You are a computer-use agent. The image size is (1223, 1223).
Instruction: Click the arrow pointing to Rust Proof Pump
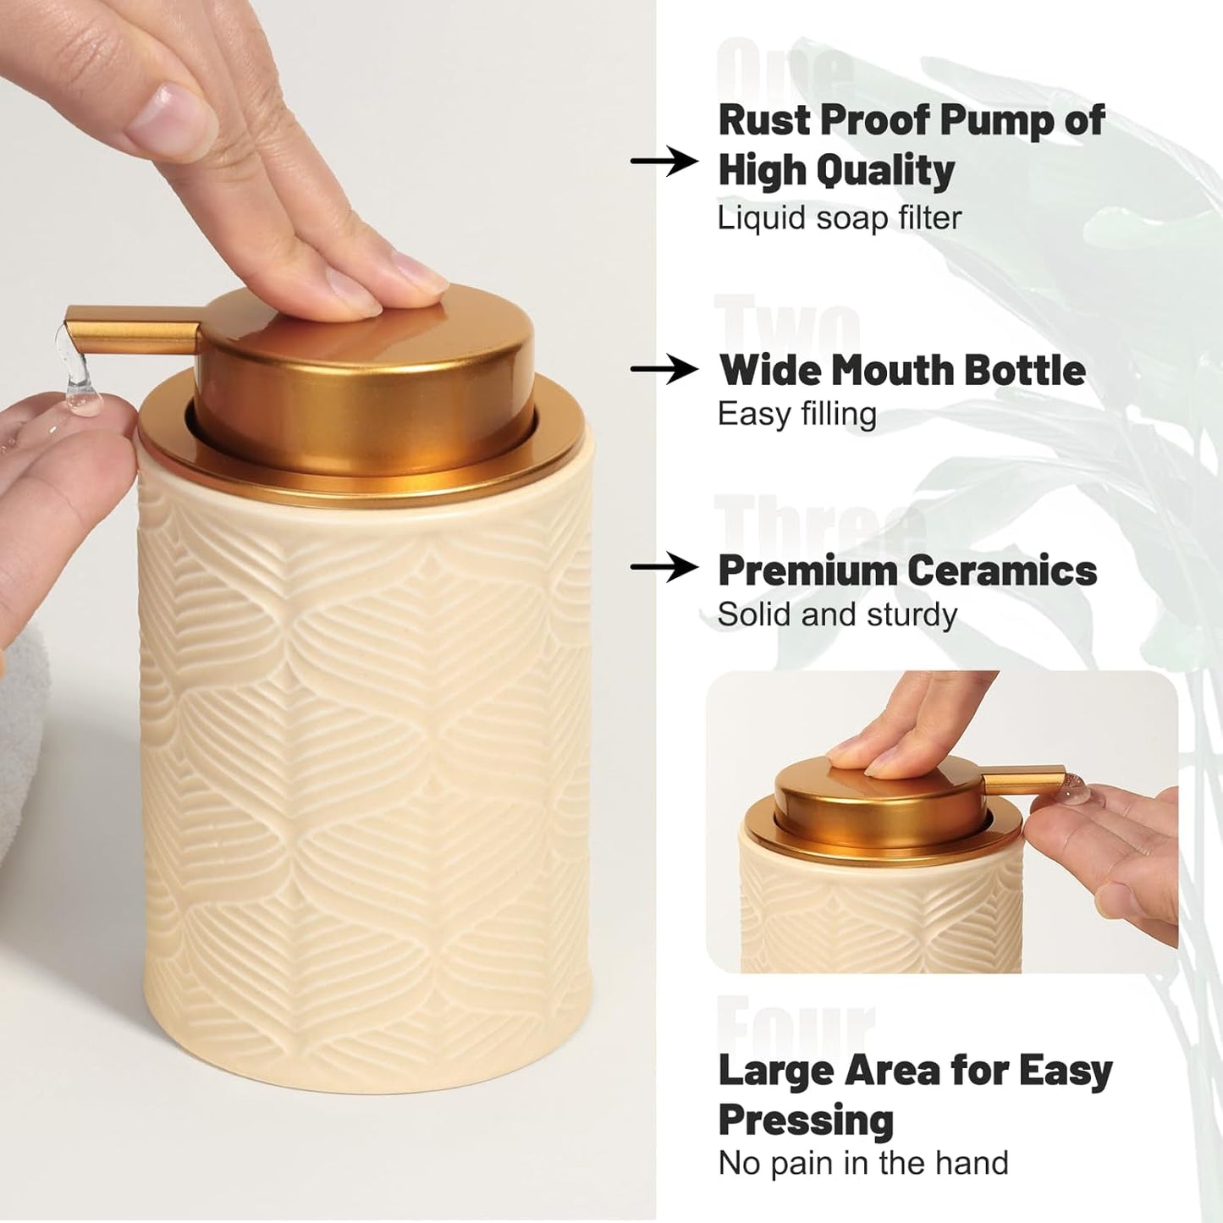coord(664,160)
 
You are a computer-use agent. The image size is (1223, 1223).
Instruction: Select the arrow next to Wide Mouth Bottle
coord(664,369)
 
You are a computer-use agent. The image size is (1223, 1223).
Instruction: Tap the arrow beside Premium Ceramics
coord(664,568)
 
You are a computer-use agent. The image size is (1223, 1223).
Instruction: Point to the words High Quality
coord(836,170)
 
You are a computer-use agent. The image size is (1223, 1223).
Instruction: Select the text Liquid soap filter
coord(839,218)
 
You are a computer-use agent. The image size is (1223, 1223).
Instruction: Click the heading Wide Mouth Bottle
coord(901,370)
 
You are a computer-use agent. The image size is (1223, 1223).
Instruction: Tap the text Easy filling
coord(796,415)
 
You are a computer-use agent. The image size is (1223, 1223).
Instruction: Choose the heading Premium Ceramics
coord(906,570)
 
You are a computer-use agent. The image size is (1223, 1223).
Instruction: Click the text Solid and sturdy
coord(836,614)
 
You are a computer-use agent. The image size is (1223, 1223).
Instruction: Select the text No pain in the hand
coord(862,1164)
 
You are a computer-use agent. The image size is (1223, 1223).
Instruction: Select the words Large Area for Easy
coord(914,1071)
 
